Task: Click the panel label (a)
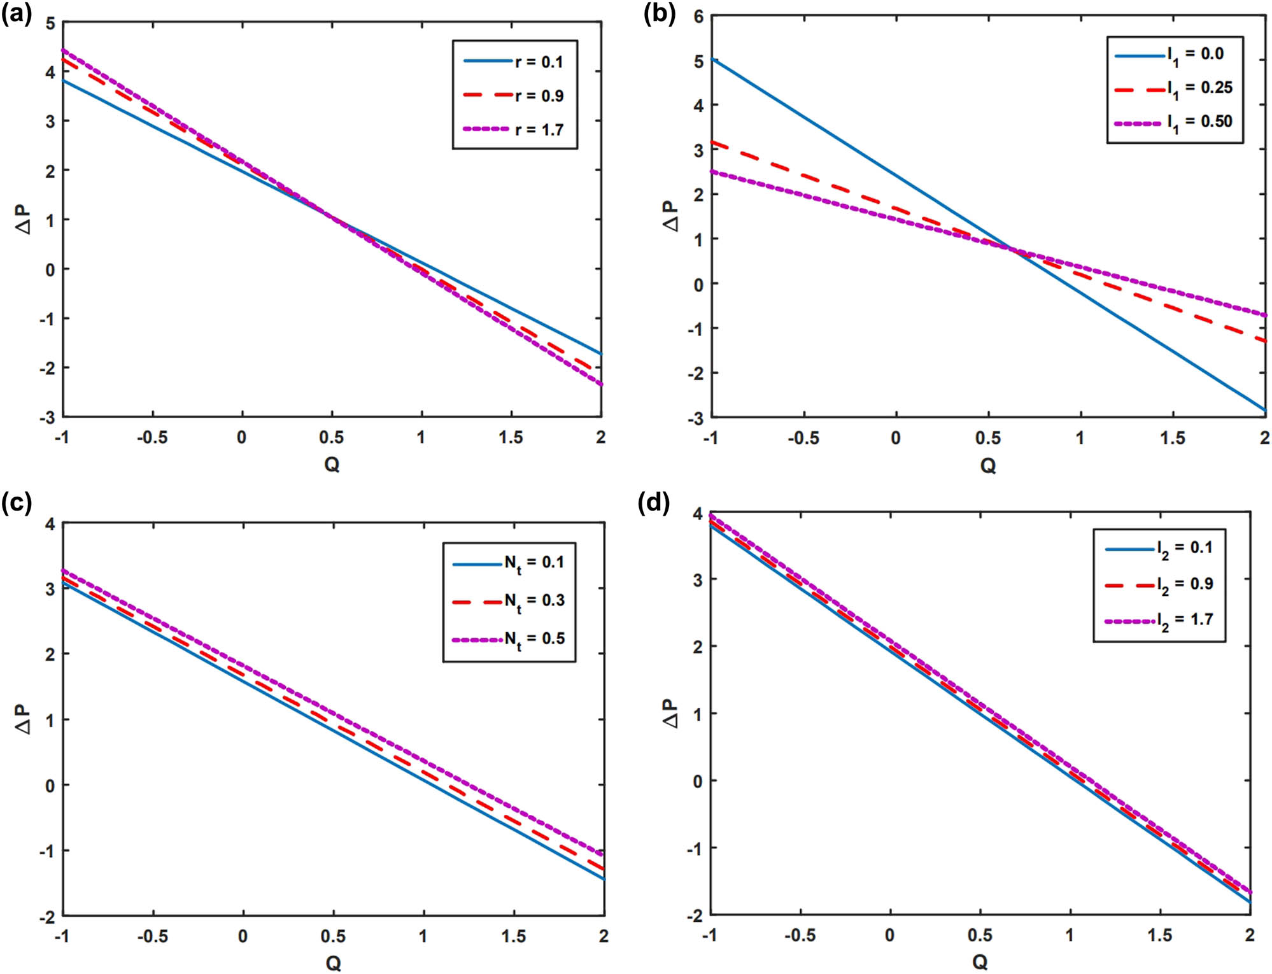click(x=17, y=13)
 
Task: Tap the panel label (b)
click(x=659, y=13)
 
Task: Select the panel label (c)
click(x=17, y=502)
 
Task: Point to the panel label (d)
click(x=654, y=502)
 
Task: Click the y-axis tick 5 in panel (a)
click(x=50, y=24)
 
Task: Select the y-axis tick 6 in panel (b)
click(x=698, y=17)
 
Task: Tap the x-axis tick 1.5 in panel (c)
click(x=513, y=936)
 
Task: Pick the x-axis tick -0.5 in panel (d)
click(x=800, y=935)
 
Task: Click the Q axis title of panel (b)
click(x=987, y=465)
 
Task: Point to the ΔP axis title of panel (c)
click(x=24, y=719)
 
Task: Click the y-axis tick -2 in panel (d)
click(x=696, y=915)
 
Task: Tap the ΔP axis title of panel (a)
click(x=24, y=220)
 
